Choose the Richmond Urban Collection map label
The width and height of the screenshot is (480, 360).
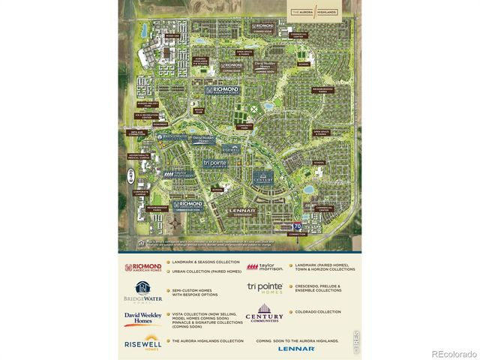click(187, 205)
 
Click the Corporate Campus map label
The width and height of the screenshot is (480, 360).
click(141, 193)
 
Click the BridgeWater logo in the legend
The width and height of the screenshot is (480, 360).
click(143, 292)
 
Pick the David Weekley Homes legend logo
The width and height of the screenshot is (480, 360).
click(143, 319)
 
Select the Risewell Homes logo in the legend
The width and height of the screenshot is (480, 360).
click(143, 342)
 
